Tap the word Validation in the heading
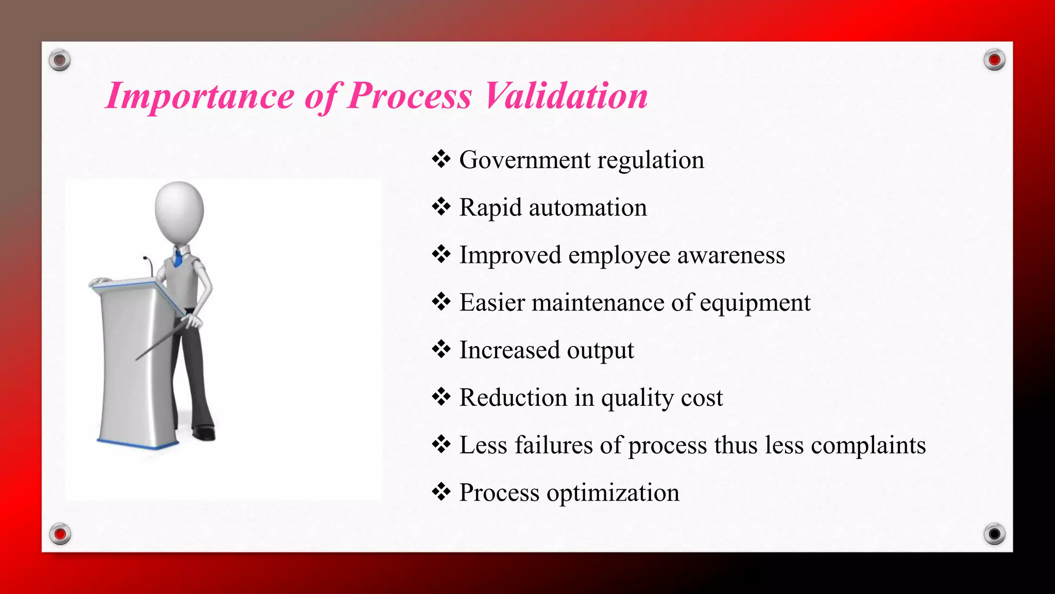[x=566, y=96]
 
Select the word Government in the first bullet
[x=524, y=160]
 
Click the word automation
[x=587, y=208]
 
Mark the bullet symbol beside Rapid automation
[x=441, y=207]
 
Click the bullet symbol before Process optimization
[x=441, y=492]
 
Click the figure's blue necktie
[x=178, y=258]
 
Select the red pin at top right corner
[x=994, y=60]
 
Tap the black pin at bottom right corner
[x=994, y=534]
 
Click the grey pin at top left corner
[x=60, y=60]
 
